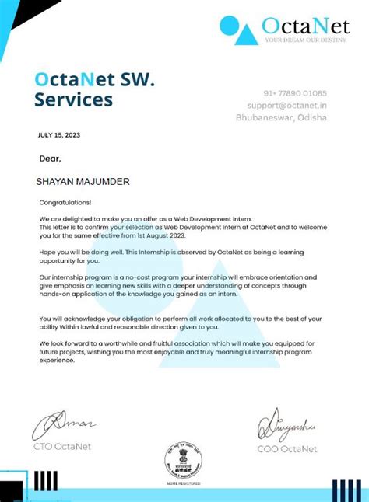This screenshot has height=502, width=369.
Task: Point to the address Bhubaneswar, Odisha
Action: [x=281, y=117]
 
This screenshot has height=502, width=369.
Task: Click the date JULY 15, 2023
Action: [x=58, y=135]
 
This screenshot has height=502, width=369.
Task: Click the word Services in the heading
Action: [x=73, y=99]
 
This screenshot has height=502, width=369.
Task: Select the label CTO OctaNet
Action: [x=61, y=447]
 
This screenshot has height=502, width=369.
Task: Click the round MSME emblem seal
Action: [x=184, y=459]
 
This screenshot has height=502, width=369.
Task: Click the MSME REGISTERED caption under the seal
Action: [x=184, y=483]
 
